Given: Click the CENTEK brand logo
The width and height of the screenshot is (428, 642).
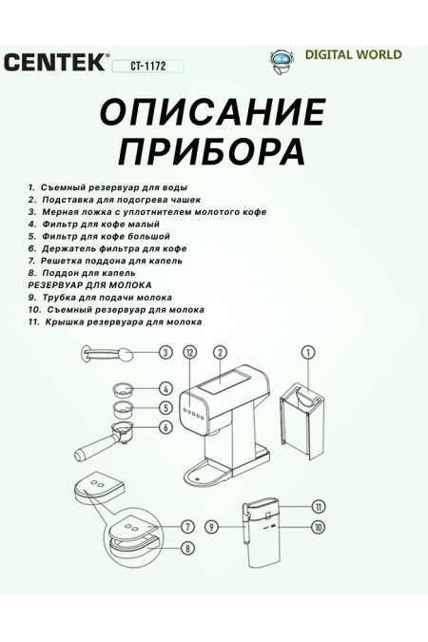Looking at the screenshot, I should pos(57,65).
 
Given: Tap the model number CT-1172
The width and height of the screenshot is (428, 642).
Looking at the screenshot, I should pos(147,67).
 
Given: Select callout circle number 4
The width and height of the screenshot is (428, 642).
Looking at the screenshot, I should pos(165,389).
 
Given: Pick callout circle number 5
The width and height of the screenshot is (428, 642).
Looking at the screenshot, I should pos(165,408).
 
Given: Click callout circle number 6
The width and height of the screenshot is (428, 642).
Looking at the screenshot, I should pos(165,427).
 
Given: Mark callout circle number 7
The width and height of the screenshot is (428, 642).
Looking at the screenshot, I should pos(188,526).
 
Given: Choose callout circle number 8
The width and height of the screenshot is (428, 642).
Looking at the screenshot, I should pos(188,549).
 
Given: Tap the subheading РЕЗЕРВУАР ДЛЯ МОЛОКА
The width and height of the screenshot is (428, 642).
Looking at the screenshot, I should pos(90,284).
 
